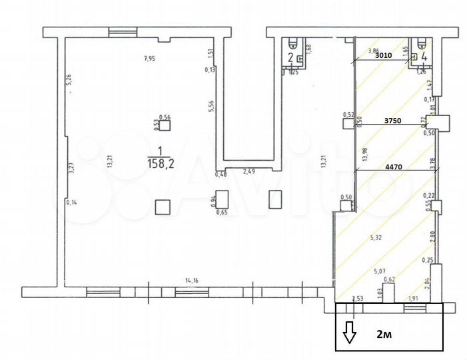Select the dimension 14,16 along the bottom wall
tap(191, 281)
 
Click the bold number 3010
tap(384, 57)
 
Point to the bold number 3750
tap(394, 121)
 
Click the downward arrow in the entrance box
tap(350, 331)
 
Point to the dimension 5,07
tap(380, 271)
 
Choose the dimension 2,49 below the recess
tap(249, 172)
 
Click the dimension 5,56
tap(211, 107)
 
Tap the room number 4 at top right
tap(422, 57)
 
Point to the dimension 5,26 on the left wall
tap(69, 81)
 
